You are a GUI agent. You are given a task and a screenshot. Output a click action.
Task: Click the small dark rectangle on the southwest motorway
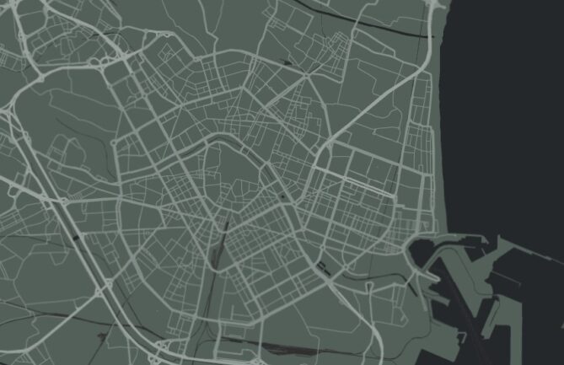tap(78, 239)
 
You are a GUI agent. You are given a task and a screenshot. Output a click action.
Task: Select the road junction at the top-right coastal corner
tap(435, 4)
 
